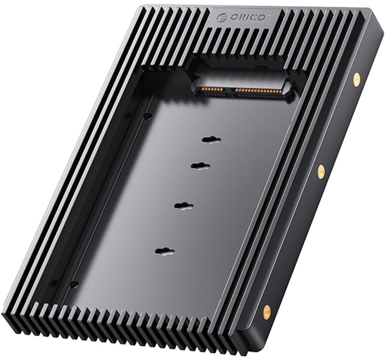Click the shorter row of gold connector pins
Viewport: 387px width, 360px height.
(x=214, y=89)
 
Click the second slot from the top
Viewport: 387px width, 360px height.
(x=201, y=166)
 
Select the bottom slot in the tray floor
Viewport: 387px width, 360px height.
(x=165, y=250)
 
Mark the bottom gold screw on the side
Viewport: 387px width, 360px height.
(x=267, y=310)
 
